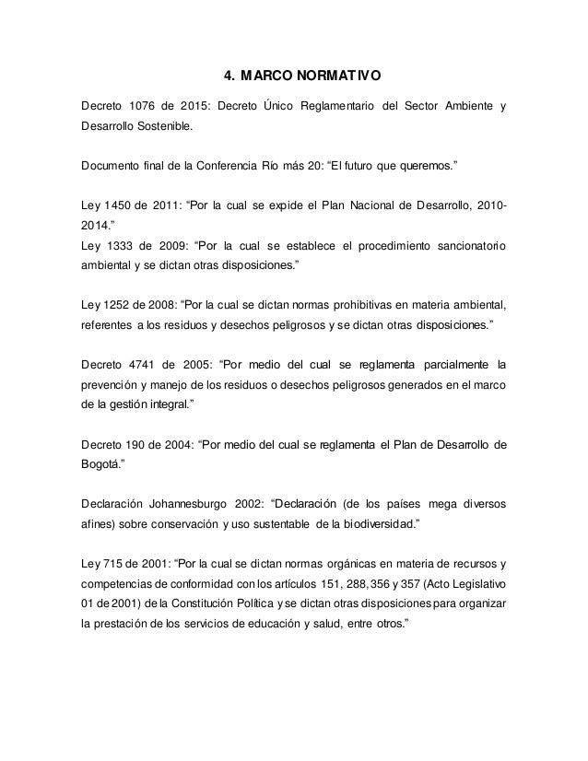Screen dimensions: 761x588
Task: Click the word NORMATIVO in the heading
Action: pos(336,75)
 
